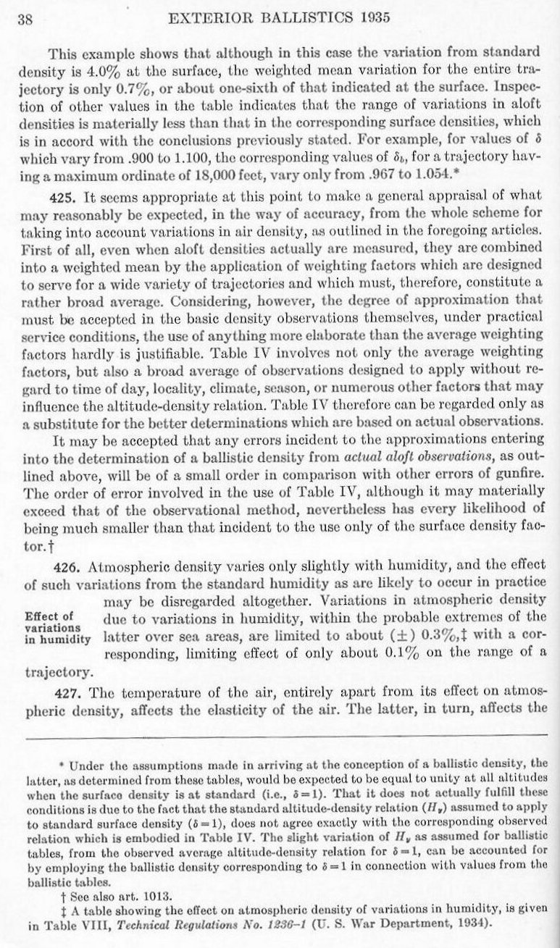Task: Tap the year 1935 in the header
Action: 376,20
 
